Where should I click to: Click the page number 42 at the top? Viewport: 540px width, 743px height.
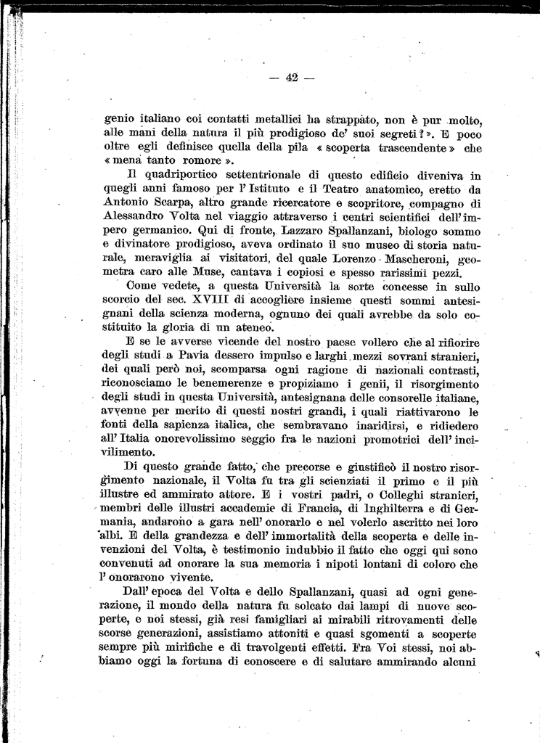pyautogui.click(x=292, y=78)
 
